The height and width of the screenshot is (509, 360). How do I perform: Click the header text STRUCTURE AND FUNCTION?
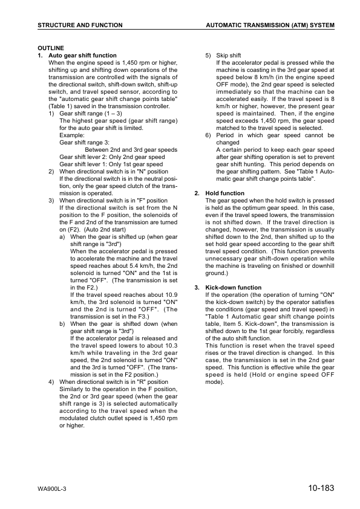coord(80,25)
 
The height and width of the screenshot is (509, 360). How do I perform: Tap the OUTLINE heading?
coord(51,48)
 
